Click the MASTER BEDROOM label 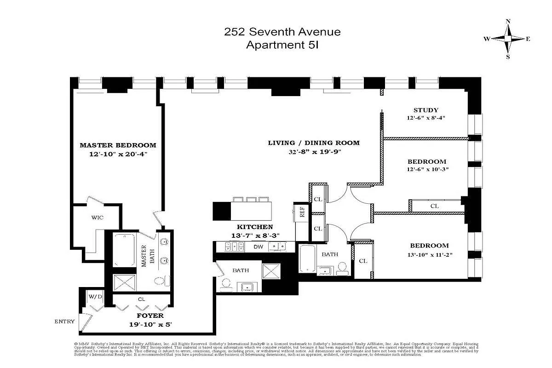click(118, 145)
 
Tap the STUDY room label click(425, 110)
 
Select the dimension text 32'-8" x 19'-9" click(314, 152)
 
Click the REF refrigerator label click(302, 212)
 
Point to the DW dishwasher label click(259, 247)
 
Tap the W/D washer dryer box click(96, 297)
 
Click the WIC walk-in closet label click(97, 217)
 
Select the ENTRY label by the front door click(64, 322)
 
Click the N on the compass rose click(508, 21)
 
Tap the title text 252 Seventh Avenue click(282, 32)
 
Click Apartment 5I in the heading click(282, 45)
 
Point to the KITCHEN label click(255, 227)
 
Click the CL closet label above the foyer click(141, 299)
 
